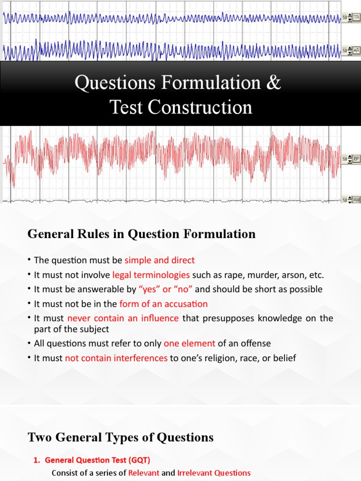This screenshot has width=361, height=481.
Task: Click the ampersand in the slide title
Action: [275, 83]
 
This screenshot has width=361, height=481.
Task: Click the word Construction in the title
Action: [204, 108]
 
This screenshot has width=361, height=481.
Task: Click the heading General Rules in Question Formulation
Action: [141, 234]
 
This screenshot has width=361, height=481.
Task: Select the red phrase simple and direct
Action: [159, 260]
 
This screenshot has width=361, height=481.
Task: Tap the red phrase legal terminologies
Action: [151, 275]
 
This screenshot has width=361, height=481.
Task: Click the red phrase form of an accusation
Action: [164, 304]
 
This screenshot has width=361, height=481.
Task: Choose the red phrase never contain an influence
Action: [123, 318]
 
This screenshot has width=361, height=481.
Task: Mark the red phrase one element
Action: [189, 344]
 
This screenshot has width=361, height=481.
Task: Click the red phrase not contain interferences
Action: [116, 358]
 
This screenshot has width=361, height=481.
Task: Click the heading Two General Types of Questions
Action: [121, 438]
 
